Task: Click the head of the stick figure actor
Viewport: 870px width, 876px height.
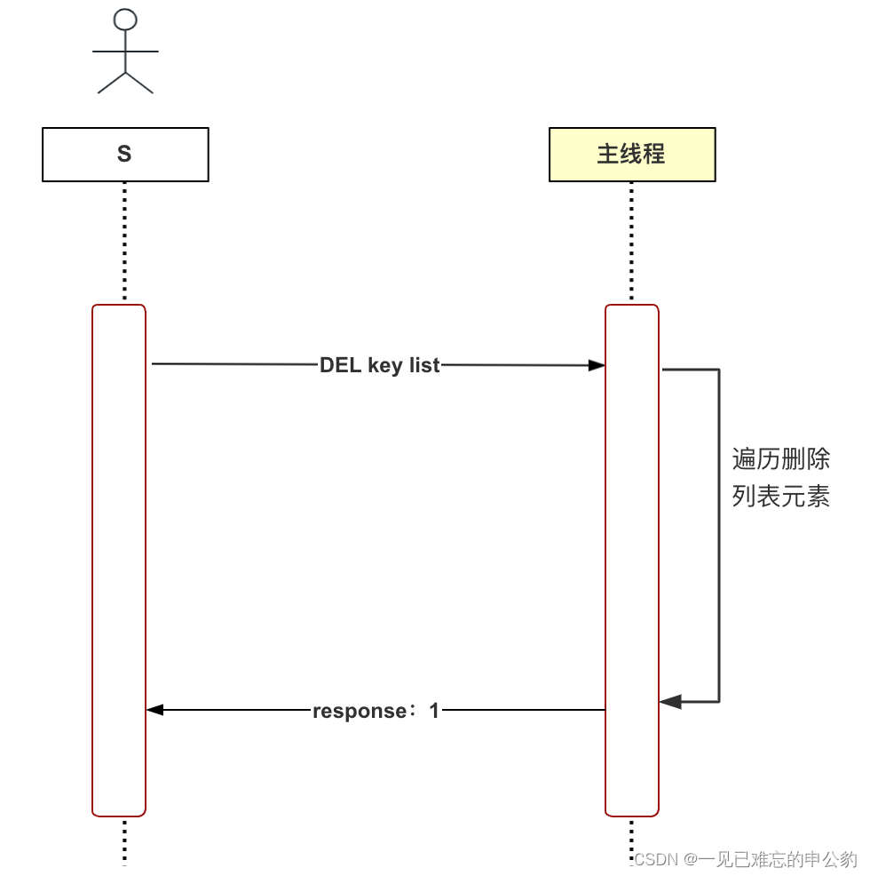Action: (125, 19)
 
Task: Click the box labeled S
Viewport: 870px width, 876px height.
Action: (125, 155)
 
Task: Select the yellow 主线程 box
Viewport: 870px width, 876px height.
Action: (632, 155)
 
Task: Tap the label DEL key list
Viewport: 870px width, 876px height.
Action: (380, 365)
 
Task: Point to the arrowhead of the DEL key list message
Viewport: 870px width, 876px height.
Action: (598, 365)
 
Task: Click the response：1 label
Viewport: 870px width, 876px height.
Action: (376, 711)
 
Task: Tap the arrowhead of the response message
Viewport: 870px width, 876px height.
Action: (154, 710)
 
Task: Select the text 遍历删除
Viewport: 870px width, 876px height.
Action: (781, 459)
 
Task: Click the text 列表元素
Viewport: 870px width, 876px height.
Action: (781, 497)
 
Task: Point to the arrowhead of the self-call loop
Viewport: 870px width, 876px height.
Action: (669, 702)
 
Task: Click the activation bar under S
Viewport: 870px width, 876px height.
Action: (119, 560)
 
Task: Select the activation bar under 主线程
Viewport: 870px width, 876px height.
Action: (632, 560)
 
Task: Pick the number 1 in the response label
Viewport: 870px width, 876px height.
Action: (434, 711)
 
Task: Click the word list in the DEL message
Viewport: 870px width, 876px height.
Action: (424, 365)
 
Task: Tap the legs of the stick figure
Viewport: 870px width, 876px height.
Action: (125, 82)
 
